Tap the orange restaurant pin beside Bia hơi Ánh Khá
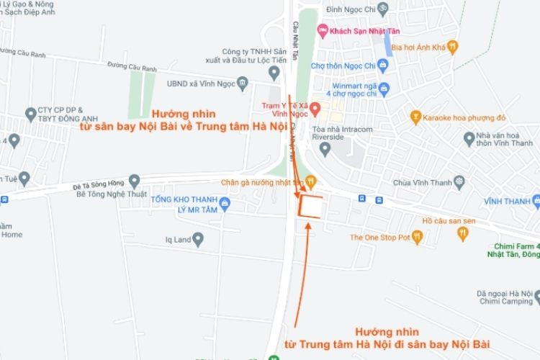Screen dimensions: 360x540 (x=452, y=48)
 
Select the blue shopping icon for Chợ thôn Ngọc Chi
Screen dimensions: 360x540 (x=383, y=66)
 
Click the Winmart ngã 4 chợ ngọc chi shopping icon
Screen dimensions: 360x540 (x=384, y=89)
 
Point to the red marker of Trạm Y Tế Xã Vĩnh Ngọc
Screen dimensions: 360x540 (x=315, y=107)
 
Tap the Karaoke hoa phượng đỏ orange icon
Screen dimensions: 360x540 (x=415, y=116)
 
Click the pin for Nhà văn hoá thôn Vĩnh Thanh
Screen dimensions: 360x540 (x=469, y=138)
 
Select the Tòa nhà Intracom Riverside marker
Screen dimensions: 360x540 (x=325, y=149)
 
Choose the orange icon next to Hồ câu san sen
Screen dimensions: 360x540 (x=462, y=233)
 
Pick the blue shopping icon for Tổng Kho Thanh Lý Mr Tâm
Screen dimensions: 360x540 (x=225, y=204)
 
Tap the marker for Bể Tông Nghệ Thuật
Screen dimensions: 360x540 (x=134, y=181)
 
